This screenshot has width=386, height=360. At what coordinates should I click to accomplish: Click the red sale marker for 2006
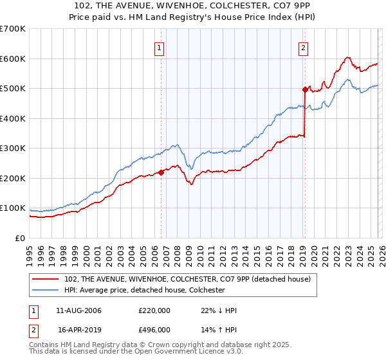[x=161, y=172]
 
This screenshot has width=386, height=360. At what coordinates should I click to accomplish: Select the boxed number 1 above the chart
[x=158, y=47]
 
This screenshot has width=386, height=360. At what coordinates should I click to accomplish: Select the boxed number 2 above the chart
[x=302, y=47]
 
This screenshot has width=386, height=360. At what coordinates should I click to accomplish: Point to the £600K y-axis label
[x=13, y=59]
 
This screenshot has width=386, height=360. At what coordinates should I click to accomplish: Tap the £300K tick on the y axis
[x=13, y=148]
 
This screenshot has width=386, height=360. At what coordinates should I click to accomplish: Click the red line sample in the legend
[x=46, y=279]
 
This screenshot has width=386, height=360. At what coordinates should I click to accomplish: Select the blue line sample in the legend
[x=46, y=290]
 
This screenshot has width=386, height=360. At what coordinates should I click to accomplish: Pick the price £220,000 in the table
[x=154, y=310]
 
